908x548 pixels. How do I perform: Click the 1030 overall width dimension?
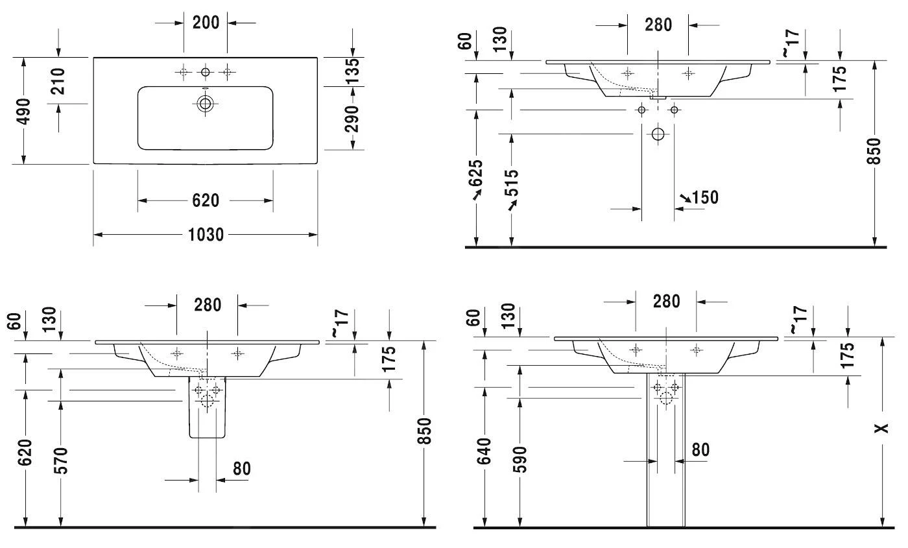pos(206,235)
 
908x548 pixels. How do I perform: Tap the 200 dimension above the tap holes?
pos(206,22)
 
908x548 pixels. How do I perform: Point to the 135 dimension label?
pos(352,71)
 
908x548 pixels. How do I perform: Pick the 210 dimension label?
pos(58,81)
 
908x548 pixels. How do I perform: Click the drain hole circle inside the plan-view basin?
pos(206,103)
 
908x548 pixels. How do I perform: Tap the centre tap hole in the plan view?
pos(206,71)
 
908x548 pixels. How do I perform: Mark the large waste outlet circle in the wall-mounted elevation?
pos(658,135)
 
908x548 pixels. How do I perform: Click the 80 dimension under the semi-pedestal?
pos(241,468)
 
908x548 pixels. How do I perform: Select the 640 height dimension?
pos(484,451)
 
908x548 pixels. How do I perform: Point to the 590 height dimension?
pos(519,459)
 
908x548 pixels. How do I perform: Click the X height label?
pos(881,429)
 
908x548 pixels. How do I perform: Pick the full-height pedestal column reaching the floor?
pos(665,467)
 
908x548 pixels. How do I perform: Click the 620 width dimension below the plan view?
pos(206,201)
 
